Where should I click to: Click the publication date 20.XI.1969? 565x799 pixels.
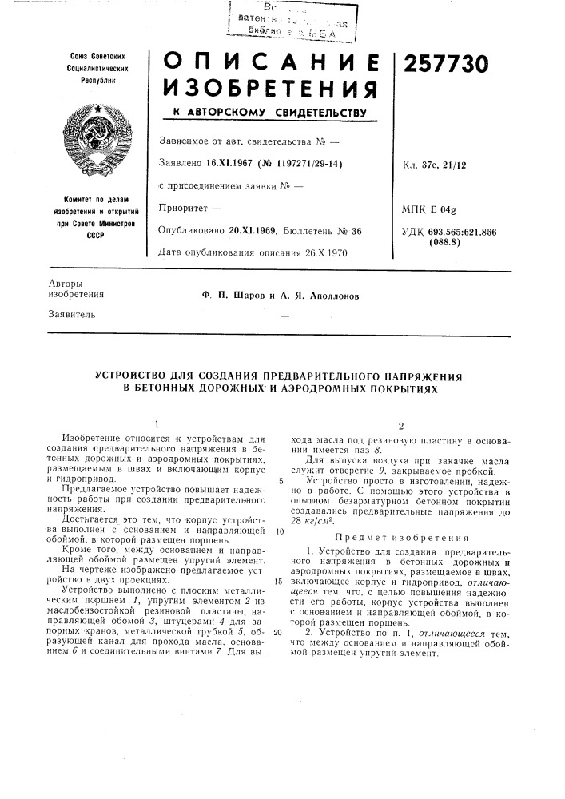point(250,230)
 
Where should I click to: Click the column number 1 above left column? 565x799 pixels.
point(157,423)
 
